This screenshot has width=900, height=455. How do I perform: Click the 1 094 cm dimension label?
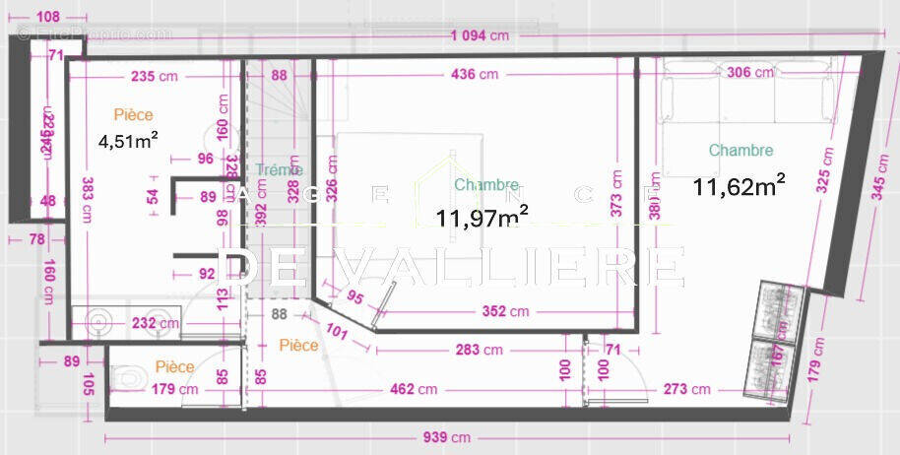pos(480,36)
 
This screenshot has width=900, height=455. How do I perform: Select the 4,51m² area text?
pos(129,141)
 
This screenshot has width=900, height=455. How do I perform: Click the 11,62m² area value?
pos(739,184)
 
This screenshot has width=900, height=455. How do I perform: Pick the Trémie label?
pos(280,170)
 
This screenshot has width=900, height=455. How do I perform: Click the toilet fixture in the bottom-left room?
pos(128,377)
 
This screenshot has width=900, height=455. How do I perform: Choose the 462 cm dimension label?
pos(414,389)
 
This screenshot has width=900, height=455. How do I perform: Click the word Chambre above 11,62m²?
pos(740,151)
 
